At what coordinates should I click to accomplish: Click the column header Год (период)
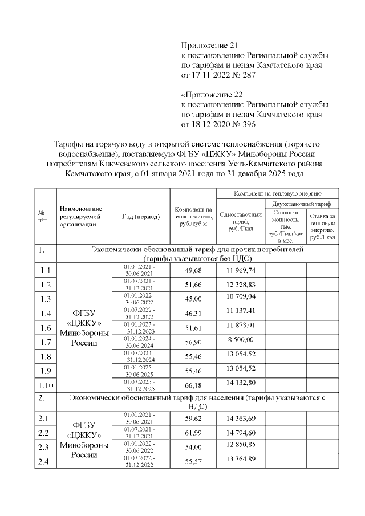click(x=141, y=216)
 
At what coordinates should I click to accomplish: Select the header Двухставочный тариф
click(x=301, y=204)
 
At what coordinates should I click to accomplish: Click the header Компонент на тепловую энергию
click(x=278, y=193)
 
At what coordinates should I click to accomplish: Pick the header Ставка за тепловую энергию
click(x=323, y=226)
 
